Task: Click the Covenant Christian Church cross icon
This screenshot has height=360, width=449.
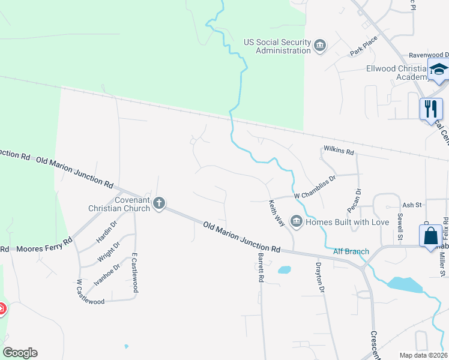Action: coord(159,203)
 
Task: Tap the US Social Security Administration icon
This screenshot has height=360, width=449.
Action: coord(320,46)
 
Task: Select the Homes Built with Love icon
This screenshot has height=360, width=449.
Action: coord(296,222)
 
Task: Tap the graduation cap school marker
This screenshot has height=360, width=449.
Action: coord(439,70)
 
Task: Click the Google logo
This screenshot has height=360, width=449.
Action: coord(20,353)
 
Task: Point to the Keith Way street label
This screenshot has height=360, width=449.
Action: coord(277,213)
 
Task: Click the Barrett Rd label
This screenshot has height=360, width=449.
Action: coord(261,268)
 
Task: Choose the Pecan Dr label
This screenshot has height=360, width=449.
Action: coord(354,200)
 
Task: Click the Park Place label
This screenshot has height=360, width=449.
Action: coord(364,47)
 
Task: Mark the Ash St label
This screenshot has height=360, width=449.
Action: coord(412,205)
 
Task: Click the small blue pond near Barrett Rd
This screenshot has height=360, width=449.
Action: coord(285,270)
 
